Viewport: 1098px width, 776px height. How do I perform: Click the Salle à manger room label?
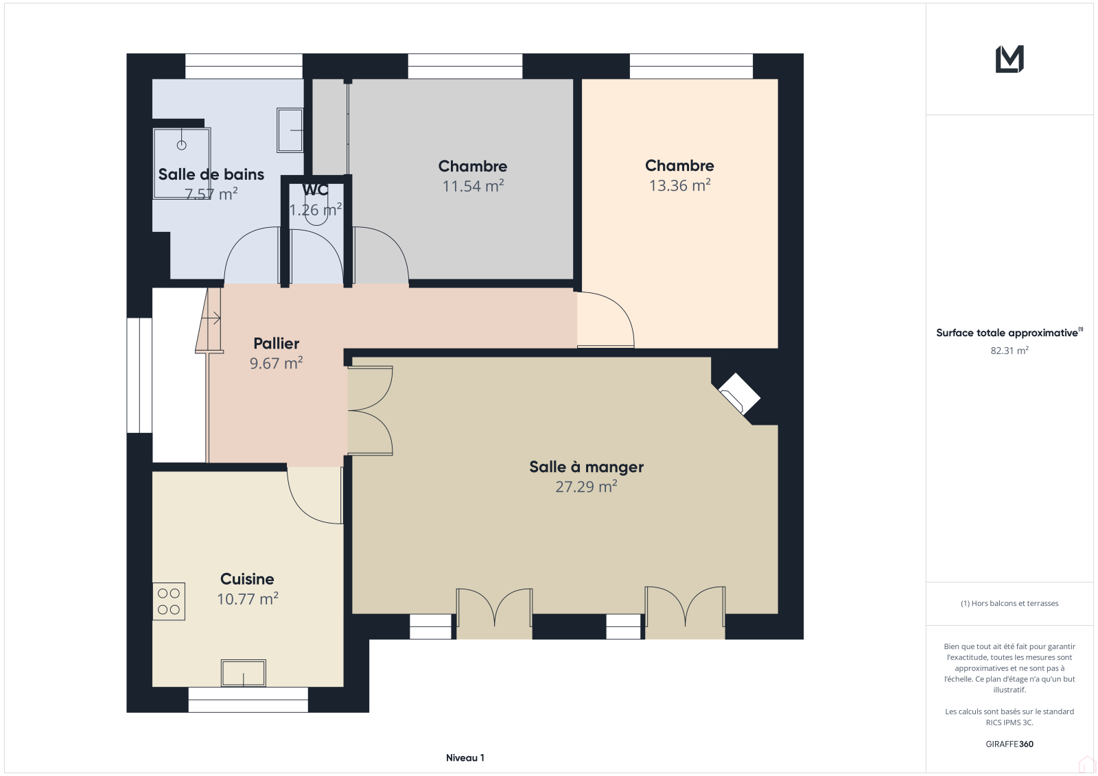[586, 467]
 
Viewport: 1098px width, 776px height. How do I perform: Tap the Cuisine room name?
[247, 579]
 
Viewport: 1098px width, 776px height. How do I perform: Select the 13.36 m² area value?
[679, 185]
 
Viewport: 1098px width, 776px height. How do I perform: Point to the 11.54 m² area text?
[473, 186]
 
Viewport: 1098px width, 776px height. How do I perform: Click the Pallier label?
[276, 343]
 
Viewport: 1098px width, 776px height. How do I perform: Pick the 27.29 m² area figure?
[586, 486]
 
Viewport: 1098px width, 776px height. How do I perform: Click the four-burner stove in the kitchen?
[169, 602]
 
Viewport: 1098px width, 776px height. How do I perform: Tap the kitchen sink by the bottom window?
[243, 673]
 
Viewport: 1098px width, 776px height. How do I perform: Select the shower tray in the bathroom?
[182, 163]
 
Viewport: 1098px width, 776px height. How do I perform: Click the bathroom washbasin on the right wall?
[290, 130]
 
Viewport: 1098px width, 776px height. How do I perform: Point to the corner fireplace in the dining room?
[739, 394]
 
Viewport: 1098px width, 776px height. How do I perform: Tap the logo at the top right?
[1009, 59]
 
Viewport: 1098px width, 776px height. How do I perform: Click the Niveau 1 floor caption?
[465, 757]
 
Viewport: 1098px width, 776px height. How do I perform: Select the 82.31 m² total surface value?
[1009, 351]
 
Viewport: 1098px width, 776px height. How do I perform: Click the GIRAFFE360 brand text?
[1009, 744]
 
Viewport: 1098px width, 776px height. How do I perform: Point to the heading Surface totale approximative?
[1007, 333]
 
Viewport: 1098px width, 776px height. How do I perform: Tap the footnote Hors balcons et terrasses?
[1009, 604]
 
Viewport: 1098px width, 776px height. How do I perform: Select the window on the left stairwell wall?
[139, 375]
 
